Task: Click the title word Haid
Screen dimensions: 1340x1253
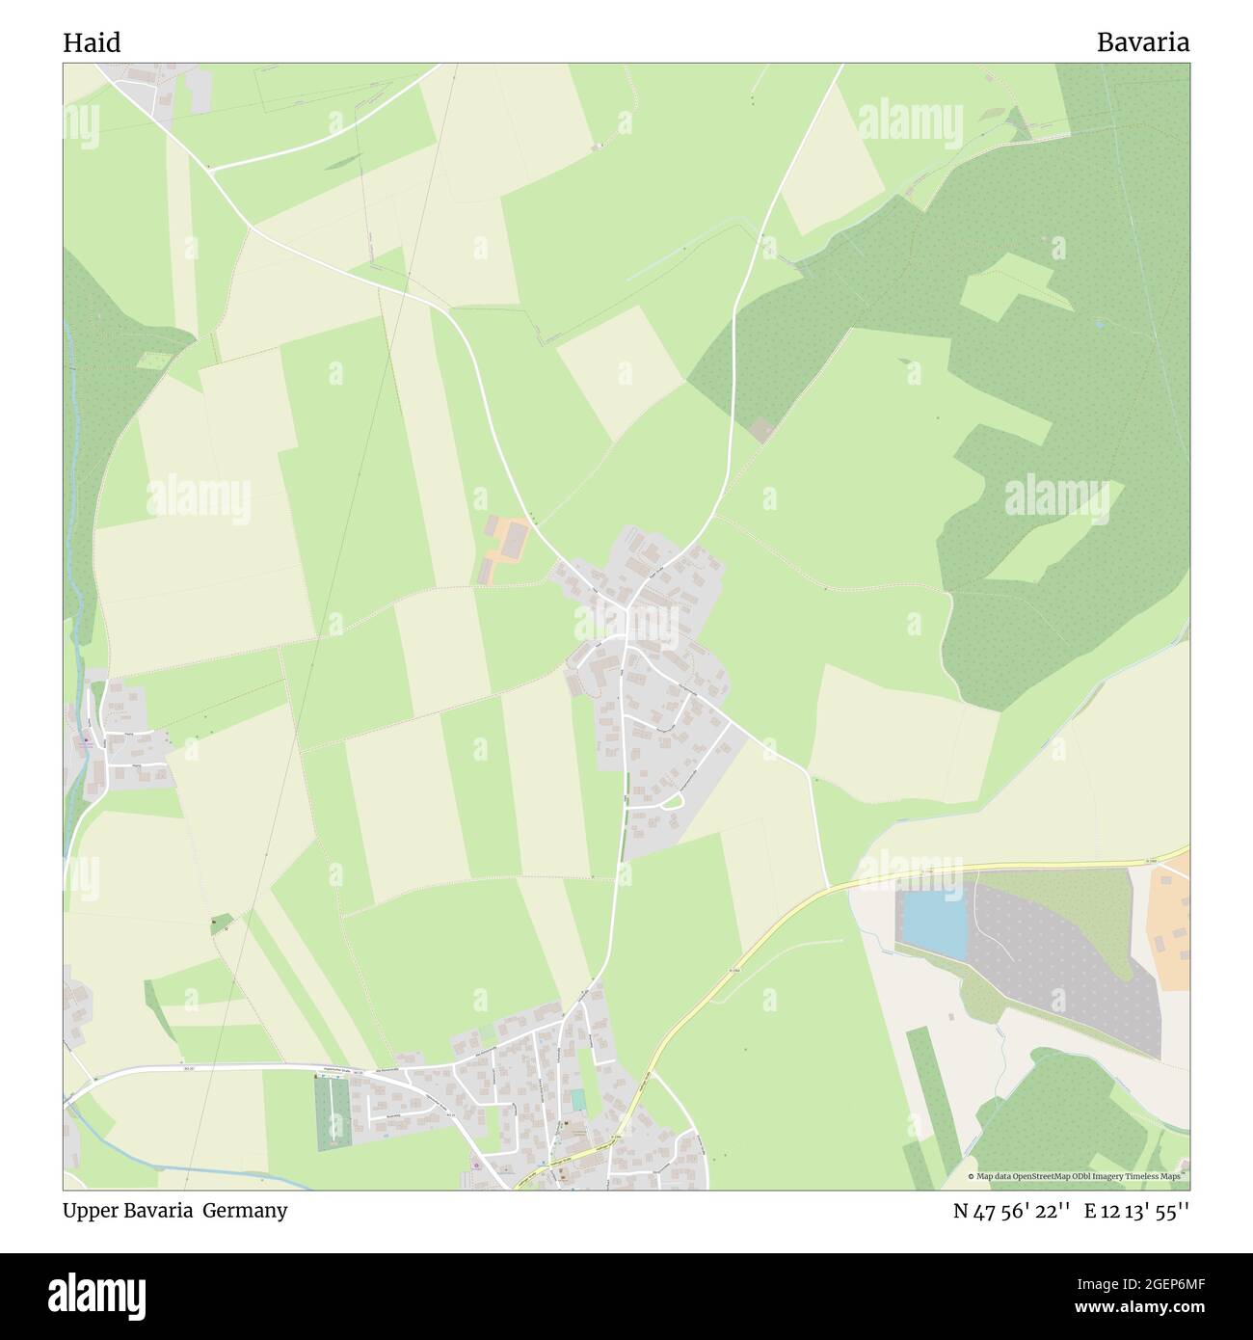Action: pyautogui.click(x=92, y=42)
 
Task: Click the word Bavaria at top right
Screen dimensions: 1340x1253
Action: pyautogui.click(x=1142, y=42)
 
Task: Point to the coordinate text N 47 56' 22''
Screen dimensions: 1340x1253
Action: pyautogui.click(x=1012, y=1212)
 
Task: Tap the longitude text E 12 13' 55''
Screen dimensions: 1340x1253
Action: pyautogui.click(x=1136, y=1212)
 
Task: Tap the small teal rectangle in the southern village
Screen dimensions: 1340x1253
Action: pyautogui.click(x=577, y=1100)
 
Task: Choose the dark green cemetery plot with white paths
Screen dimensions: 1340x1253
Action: pyautogui.click(x=333, y=1112)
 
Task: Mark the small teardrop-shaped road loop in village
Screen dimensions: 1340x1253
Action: pyautogui.click(x=673, y=802)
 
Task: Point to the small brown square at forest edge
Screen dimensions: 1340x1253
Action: pyautogui.click(x=762, y=430)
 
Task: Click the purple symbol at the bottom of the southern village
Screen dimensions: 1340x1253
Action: pyautogui.click(x=476, y=1167)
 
